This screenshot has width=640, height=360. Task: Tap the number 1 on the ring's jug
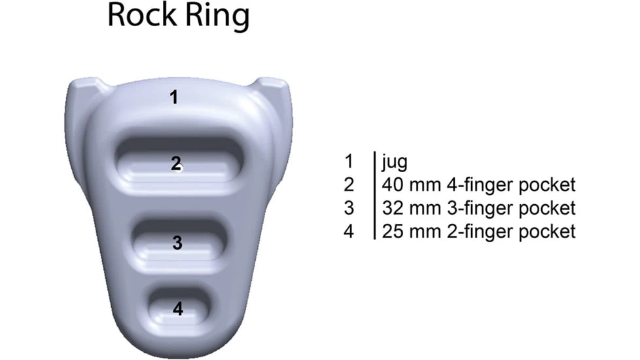click(x=173, y=98)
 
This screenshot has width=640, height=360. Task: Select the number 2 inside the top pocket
click(x=175, y=164)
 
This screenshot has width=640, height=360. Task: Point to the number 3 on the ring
click(x=177, y=243)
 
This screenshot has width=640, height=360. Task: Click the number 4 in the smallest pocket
click(x=178, y=308)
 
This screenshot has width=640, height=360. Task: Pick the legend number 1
click(x=349, y=161)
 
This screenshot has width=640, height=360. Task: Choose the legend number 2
click(x=349, y=185)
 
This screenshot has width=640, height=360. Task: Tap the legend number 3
click(x=349, y=208)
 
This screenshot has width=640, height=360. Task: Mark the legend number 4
click(x=349, y=231)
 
